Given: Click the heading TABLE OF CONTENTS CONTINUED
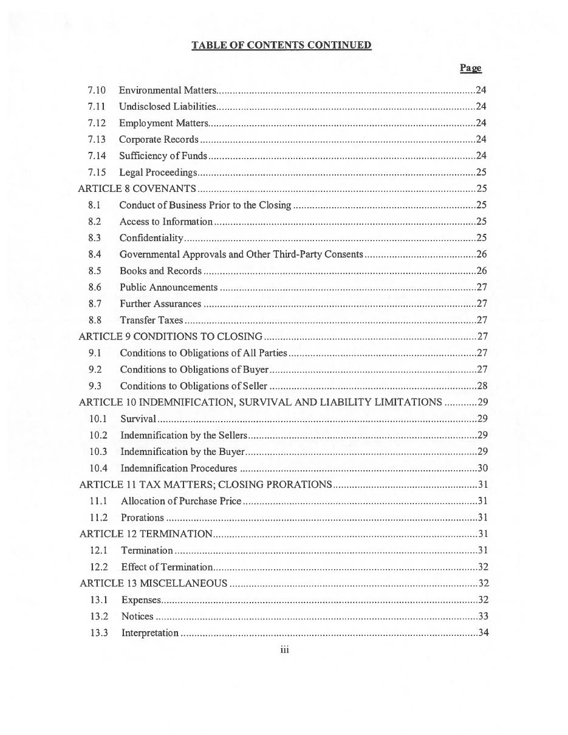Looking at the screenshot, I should (281, 46).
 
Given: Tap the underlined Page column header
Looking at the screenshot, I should (470, 68).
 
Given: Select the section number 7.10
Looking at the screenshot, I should (96, 91).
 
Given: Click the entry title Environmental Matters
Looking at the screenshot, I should (167, 91).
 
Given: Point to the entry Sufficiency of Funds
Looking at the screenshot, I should (163, 156).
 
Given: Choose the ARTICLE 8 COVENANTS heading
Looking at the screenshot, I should (137, 189).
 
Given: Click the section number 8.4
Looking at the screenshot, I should (94, 255).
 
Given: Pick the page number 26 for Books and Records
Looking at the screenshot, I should (481, 271).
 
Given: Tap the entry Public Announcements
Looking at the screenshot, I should (168, 287).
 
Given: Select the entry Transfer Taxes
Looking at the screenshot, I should (151, 320).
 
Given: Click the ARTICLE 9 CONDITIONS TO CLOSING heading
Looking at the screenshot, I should (170, 337).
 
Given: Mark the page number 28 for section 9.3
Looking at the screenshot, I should (482, 386).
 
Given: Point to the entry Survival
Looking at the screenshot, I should (138, 419).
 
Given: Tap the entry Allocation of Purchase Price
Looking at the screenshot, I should (180, 501).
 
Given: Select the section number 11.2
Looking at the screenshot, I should (98, 518).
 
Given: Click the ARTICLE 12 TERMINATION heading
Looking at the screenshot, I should (146, 534).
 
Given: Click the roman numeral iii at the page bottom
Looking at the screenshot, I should (284, 651).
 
